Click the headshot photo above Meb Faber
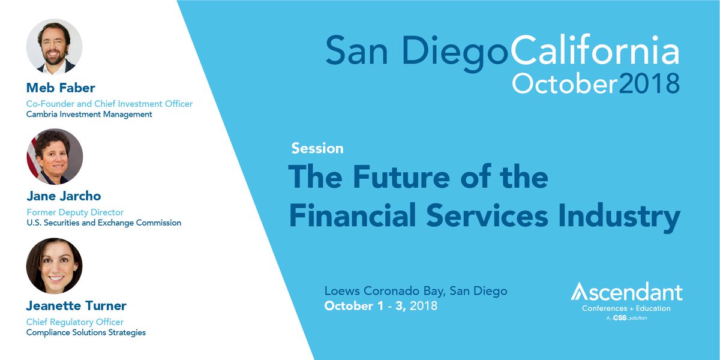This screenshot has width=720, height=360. [55, 47]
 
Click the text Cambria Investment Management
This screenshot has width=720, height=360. [89, 114]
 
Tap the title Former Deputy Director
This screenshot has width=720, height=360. [75, 212]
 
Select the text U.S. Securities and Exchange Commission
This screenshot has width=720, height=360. [104, 223]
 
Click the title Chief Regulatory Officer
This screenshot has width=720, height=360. [75, 322]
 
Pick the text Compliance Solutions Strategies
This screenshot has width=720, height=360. [86, 332]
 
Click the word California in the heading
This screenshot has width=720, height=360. [595, 51]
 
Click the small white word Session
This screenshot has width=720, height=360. [317, 148]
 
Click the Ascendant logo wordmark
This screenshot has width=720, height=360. [626, 293]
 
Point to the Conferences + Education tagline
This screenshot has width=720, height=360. [626, 308]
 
